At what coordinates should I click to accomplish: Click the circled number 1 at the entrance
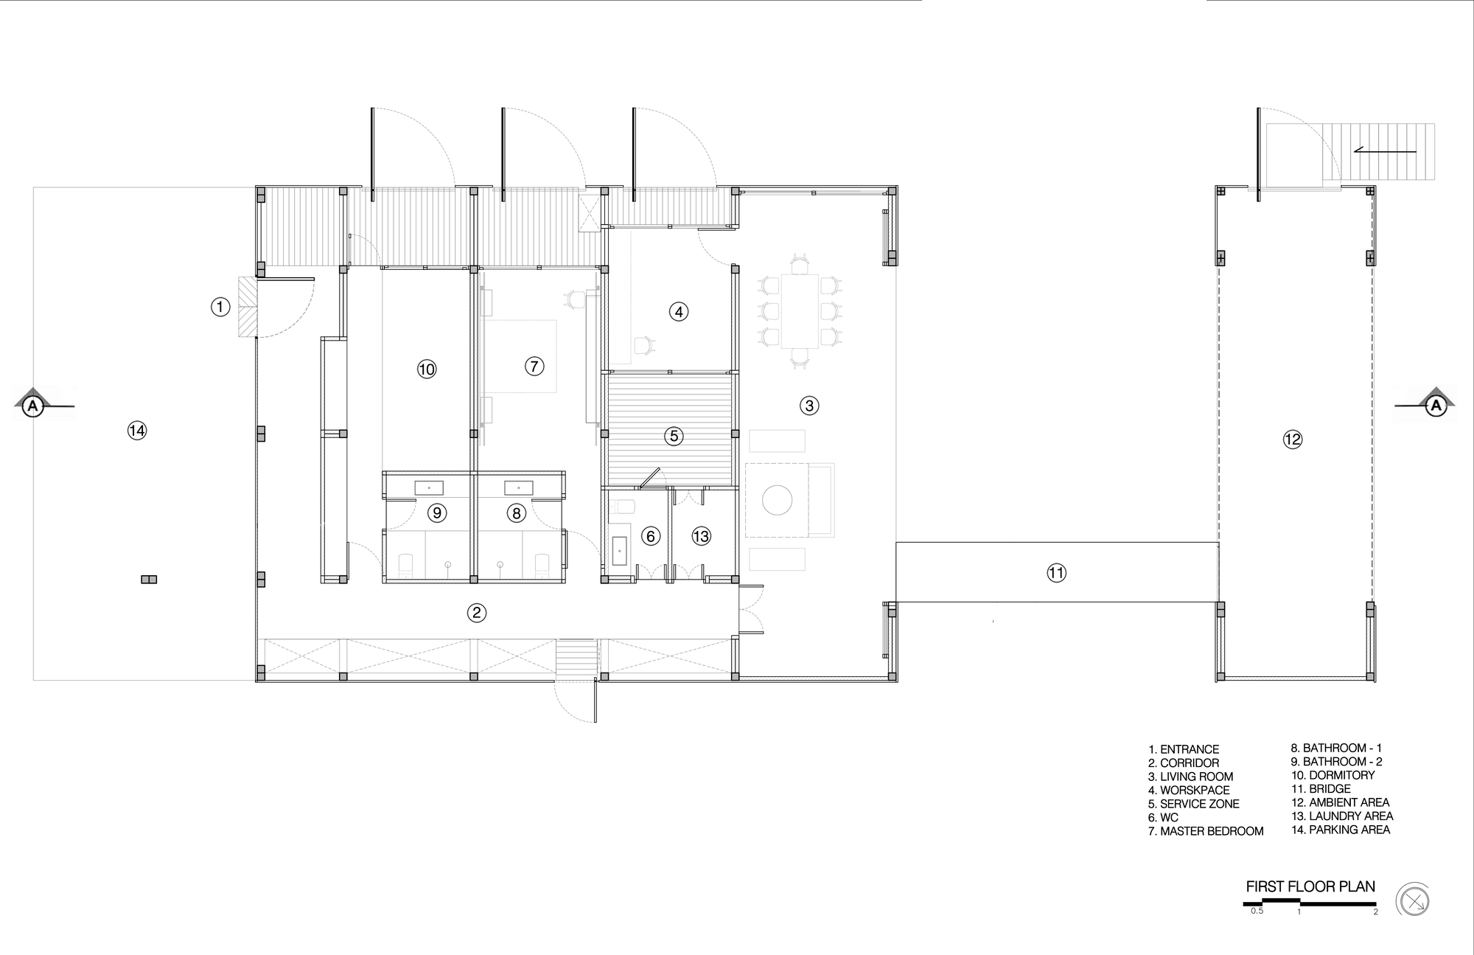tap(220, 307)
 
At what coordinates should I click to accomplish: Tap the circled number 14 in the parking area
tap(137, 431)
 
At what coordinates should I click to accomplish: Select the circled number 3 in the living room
tap(809, 405)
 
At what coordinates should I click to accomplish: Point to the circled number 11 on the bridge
tap(1056, 573)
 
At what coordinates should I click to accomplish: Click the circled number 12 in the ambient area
tap(1293, 440)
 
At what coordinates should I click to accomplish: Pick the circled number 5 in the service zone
tap(674, 436)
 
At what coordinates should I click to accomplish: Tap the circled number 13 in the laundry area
tap(701, 536)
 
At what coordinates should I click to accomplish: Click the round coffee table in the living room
tap(777, 500)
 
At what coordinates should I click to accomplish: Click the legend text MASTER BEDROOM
tap(1212, 831)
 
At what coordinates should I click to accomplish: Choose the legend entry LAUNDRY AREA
tap(1342, 816)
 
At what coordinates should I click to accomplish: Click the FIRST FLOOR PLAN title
tap(1310, 886)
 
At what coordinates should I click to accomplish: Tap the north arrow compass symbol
tap(1413, 901)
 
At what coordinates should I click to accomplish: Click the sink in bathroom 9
tap(429, 487)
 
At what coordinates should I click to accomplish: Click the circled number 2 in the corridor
tap(476, 612)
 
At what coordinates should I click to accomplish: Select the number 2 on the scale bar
tap(1375, 912)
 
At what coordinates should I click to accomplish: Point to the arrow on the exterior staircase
tap(1385, 151)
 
